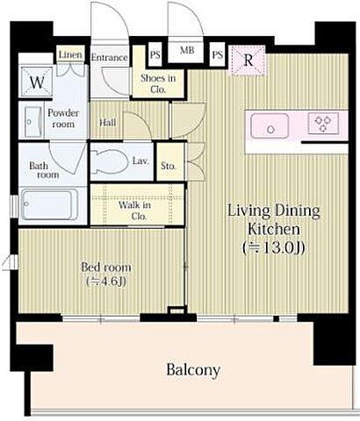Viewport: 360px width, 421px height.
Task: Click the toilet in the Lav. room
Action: [x=110, y=161]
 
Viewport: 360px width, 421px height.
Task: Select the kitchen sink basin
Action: [x=270, y=125]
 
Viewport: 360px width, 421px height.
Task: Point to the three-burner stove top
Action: [x=323, y=124]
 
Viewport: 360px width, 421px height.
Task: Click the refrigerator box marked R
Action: [x=248, y=61]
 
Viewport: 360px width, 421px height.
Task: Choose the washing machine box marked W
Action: [x=37, y=82]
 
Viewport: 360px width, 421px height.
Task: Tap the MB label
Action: [x=187, y=50]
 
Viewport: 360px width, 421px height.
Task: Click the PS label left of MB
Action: [x=155, y=54]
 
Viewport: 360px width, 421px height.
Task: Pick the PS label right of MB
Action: [x=218, y=54]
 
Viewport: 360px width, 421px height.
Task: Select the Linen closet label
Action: [x=70, y=54]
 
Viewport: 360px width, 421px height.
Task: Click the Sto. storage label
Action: [x=169, y=166]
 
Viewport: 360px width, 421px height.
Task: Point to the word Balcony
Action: [x=193, y=370]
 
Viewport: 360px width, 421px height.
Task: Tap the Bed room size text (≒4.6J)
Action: [x=107, y=282]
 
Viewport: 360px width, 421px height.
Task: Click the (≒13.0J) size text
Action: [x=274, y=248]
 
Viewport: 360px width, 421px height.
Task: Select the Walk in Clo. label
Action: [x=135, y=210]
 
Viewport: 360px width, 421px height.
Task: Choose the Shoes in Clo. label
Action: [x=158, y=83]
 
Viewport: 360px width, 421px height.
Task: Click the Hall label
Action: [x=108, y=123]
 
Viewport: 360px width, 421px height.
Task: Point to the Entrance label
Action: [x=109, y=57]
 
